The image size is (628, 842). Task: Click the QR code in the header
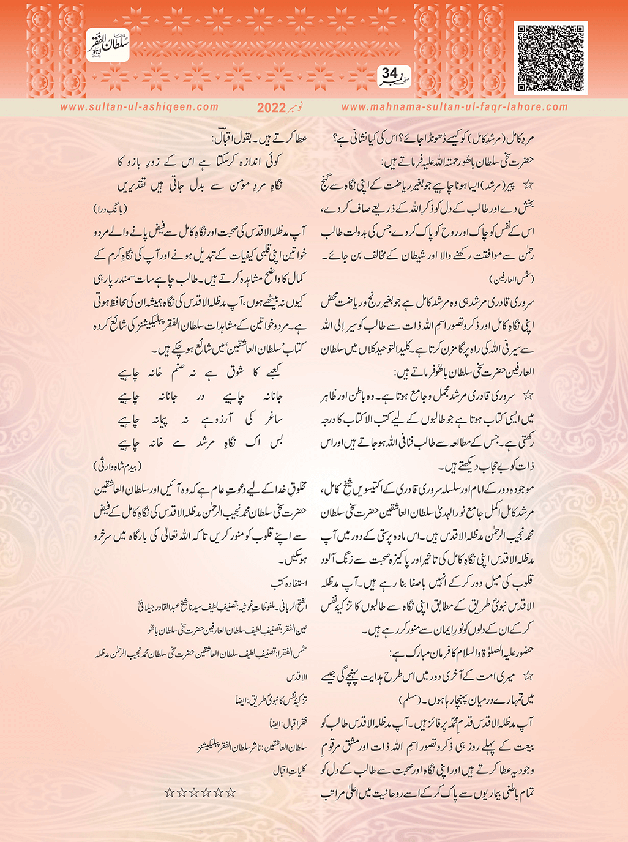coord(550,58)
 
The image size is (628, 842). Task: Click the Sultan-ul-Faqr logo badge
coord(107,44)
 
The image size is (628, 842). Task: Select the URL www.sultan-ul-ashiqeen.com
coord(140,107)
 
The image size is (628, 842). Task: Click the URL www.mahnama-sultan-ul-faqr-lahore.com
coord(454,107)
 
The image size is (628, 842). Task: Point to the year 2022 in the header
coord(271,108)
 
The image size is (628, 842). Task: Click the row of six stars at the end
coord(200,792)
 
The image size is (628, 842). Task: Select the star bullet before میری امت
coord(528,675)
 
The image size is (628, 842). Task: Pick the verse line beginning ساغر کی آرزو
coord(206,420)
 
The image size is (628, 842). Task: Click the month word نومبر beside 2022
coord(301,107)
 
